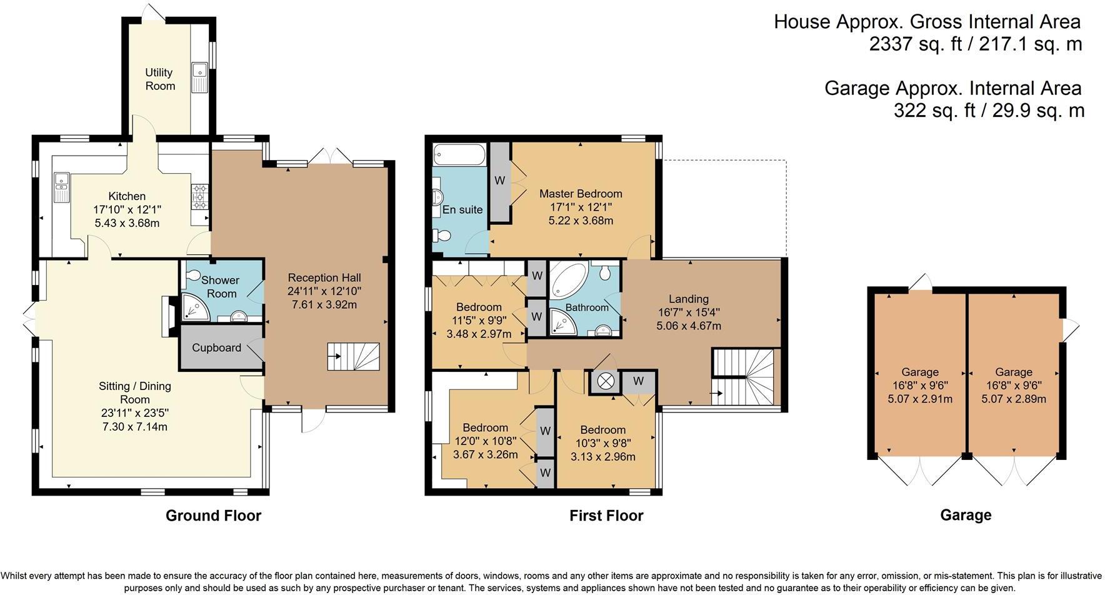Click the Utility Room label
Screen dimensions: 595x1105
(159, 79)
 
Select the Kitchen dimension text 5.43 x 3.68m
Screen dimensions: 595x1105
(127, 223)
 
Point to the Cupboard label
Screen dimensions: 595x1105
(216, 347)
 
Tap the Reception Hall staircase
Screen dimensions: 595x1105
(354, 357)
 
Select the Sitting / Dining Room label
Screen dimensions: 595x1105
(135, 392)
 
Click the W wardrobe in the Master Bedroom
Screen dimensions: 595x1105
(499, 181)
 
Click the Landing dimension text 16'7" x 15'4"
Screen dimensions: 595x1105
(689, 312)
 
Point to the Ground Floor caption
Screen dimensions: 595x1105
(213, 516)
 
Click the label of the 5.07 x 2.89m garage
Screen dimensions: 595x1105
(1014, 372)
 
